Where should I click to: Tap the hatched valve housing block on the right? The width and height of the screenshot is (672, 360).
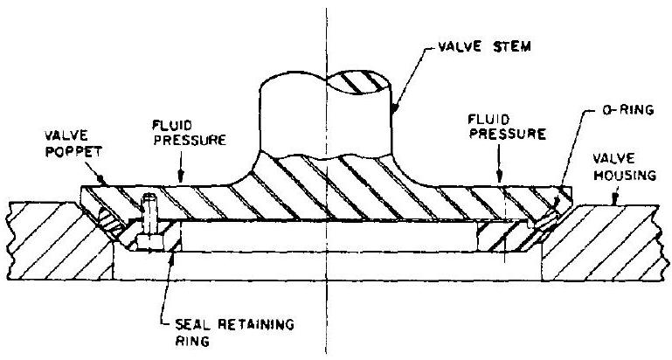point(612,240)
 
